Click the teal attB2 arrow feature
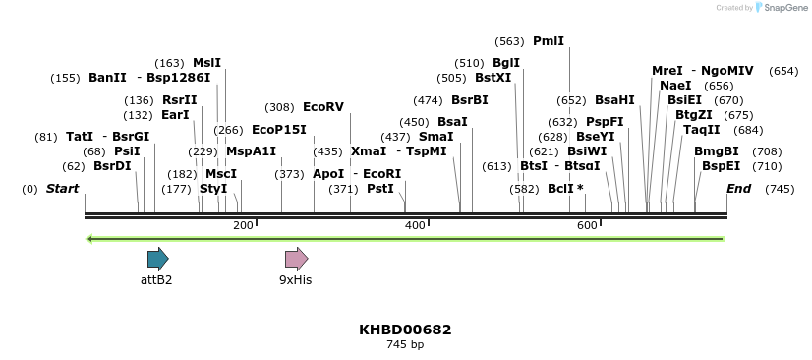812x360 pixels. (x=157, y=259)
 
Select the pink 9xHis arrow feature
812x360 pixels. (x=296, y=259)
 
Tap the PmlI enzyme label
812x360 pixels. (x=549, y=41)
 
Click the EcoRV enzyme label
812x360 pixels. (x=323, y=107)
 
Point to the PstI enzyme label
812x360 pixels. (x=379, y=189)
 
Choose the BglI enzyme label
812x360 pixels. (x=506, y=63)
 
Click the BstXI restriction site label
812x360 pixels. (x=493, y=78)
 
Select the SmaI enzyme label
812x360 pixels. (x=435, y=137)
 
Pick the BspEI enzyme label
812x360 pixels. (x=721, y=166)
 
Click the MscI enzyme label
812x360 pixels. (x=221, y=174)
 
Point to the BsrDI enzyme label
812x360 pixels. (x=112, y=166)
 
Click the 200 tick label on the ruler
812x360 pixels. (x=243, y=226)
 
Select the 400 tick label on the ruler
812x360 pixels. (x=415, y=226)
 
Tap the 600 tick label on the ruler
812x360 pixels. (x=587, y=226)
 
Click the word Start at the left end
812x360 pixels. (x=62, y=189)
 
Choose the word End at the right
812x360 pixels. (x=738, y=189)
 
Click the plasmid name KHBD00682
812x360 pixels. (x=405, y=330)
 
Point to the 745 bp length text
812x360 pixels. (x=405, y=345)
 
